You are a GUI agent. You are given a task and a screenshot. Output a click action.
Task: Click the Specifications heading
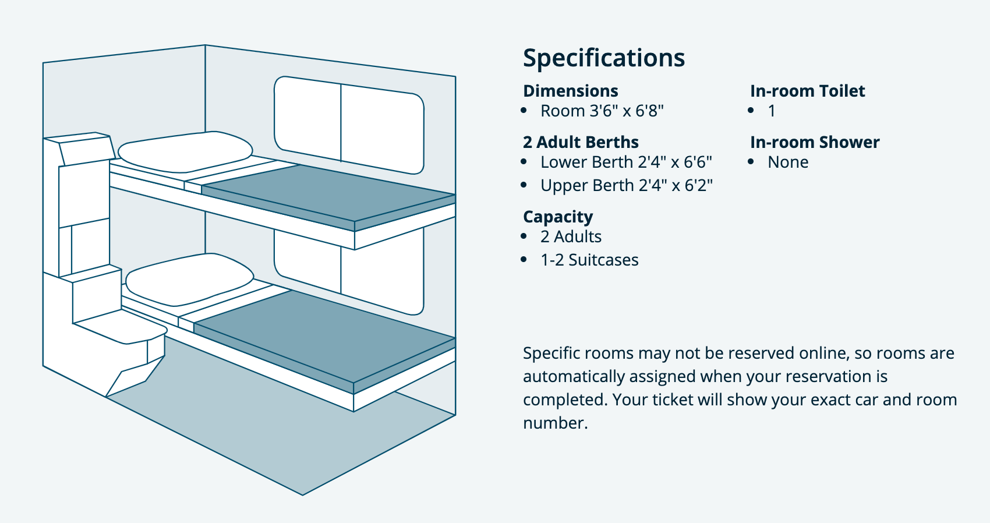(x=604, y=58)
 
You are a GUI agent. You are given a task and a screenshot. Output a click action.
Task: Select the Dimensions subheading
(x=571, y=91)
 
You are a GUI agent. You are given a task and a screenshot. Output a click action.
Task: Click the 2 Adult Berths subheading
(x=581, y=142)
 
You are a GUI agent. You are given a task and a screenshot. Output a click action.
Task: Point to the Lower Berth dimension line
(x=626, y=162)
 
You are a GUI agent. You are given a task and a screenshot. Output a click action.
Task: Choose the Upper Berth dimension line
(x=627, y=185)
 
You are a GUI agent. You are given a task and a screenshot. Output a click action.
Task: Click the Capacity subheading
(x=558, y=217)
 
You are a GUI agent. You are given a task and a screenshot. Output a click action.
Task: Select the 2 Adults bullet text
(x=571, y=236)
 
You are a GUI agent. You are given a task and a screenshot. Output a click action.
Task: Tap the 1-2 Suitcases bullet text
(x=589, y=260)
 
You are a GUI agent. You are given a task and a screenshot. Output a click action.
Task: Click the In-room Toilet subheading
(x=808, y=91)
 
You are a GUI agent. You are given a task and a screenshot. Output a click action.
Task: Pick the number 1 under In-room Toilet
(x=772, y=111)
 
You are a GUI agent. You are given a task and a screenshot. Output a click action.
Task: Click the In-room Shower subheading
(x=815, y=142)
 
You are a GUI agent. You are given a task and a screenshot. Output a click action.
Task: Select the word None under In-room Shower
(x=788, y=162)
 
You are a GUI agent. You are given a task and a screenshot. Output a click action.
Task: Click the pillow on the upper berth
(x=185, y=152)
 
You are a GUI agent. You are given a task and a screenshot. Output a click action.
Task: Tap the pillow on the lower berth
(x=190, y=280)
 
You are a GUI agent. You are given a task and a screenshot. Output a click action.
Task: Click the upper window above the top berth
(x=349, y=125)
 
